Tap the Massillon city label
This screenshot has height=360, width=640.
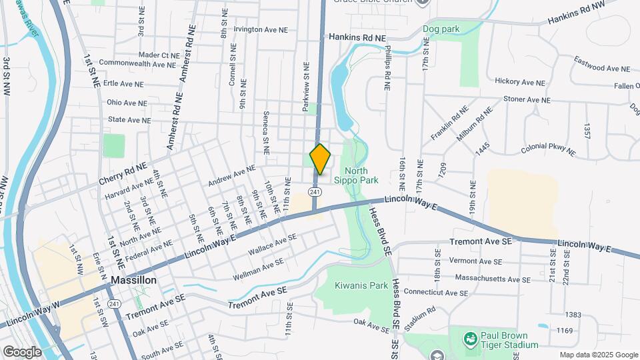(x=134, y=280)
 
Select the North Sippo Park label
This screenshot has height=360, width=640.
(x=361, y=175)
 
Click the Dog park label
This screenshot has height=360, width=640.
(x=441, y=29)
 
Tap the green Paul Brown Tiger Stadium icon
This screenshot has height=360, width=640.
(x=471, y=339)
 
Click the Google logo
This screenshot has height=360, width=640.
(x=22, y=351)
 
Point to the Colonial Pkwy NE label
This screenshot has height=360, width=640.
(x=548, y=149)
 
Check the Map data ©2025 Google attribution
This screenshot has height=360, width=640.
(x=599, y=355)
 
